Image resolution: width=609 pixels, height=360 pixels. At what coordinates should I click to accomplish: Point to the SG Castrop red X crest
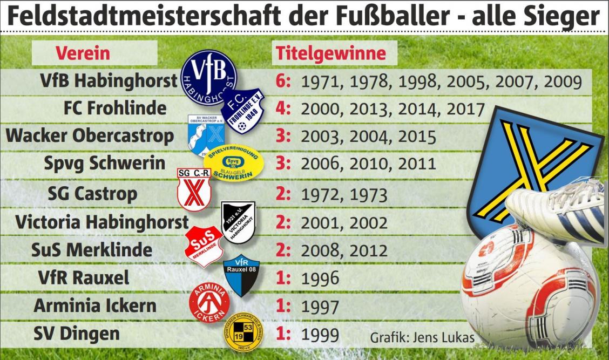click(194, 189)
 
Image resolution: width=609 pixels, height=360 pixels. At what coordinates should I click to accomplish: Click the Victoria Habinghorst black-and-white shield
click(238, 221)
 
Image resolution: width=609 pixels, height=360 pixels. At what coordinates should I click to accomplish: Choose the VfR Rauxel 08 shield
click(241, 275)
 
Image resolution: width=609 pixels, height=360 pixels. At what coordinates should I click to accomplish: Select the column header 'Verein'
click(83, 53)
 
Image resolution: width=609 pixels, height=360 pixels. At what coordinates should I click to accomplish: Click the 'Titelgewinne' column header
click(331, 53)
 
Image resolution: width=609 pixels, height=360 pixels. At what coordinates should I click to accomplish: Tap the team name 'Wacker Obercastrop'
click(90, 136)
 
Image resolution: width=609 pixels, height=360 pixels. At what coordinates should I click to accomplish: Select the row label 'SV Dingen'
click(76, 334)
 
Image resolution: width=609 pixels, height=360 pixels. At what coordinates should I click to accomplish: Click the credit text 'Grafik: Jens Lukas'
click(422, 338)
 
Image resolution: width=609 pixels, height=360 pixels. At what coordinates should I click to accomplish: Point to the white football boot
click(556, 210)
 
